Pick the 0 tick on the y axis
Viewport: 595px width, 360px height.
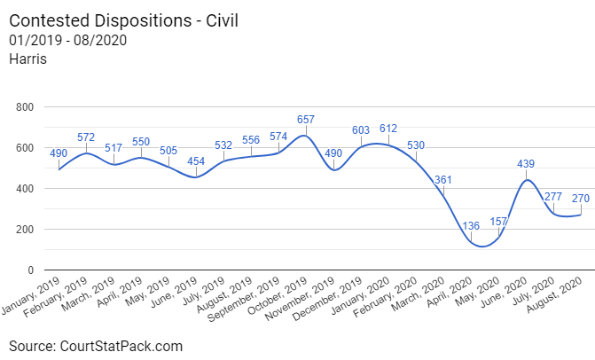30,270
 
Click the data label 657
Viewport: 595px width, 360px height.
306,119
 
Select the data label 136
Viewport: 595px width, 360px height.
471,226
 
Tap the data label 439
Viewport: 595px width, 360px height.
526,164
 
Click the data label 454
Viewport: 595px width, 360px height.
196,160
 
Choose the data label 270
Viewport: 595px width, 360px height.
581,199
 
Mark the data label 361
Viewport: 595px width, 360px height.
443,180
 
